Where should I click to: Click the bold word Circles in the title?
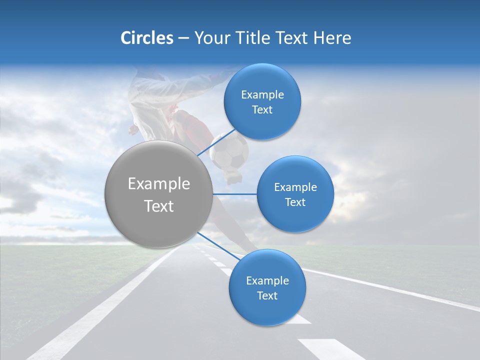147,38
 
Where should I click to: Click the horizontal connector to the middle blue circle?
234,194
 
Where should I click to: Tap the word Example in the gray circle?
159,184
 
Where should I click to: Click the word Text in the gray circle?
159,206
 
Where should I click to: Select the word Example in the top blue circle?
262,95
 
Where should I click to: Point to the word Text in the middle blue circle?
295,202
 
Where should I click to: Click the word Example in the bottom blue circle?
267,281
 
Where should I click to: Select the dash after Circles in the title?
183,38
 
